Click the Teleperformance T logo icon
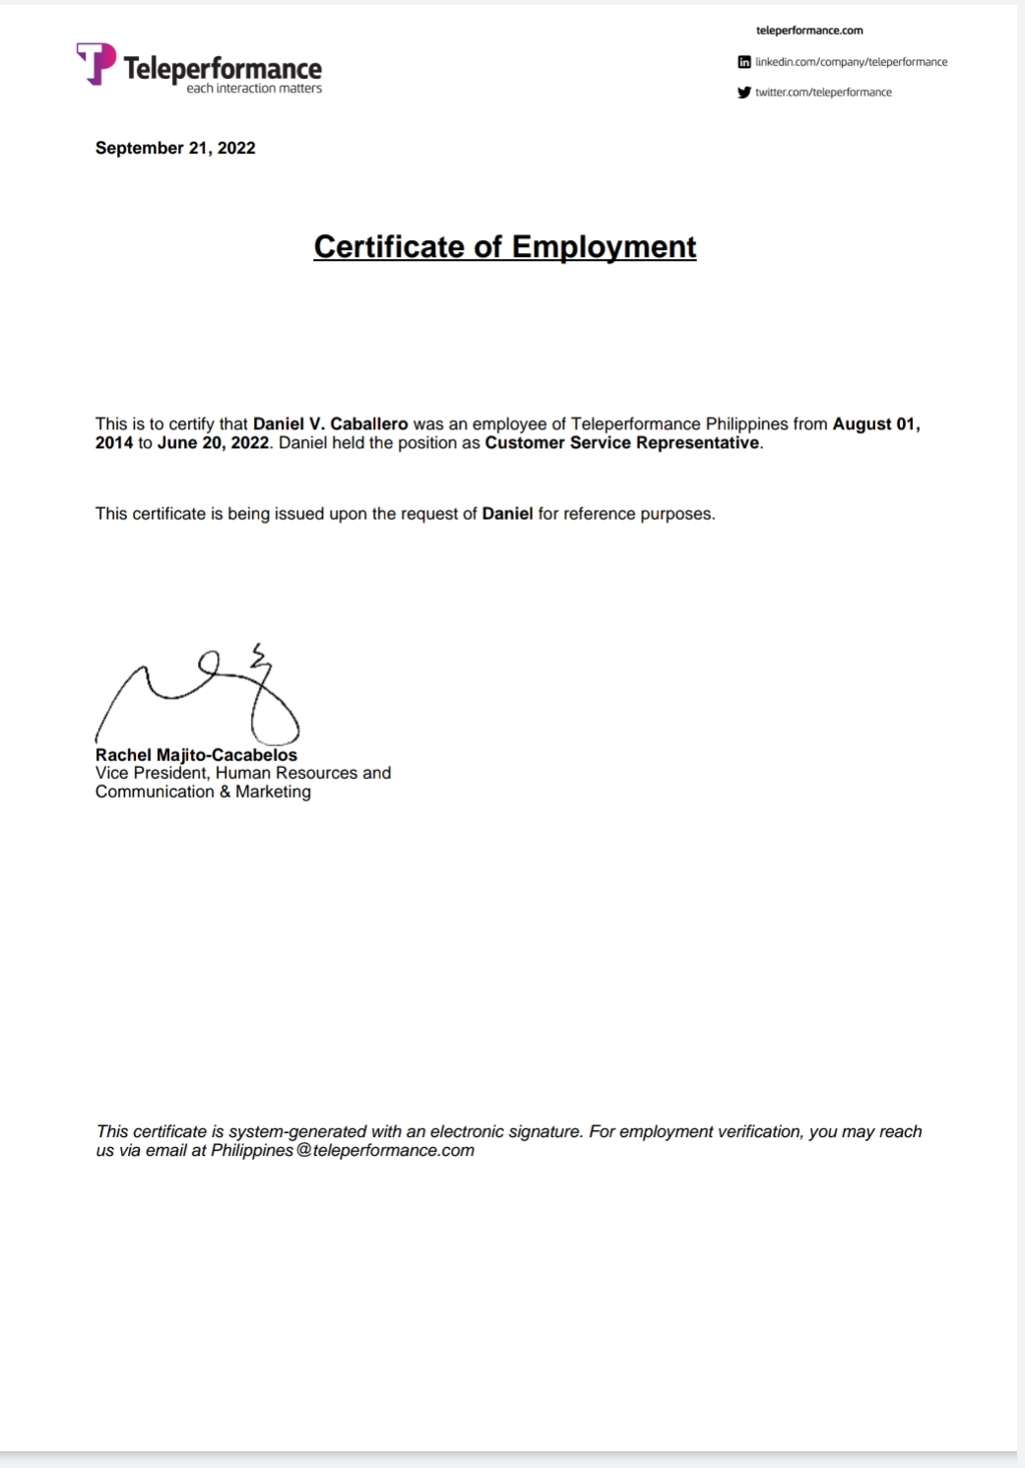coord(96,63)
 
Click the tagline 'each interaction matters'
coord(254,89)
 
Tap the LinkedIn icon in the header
coord(744,62)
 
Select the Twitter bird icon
coord(744,93)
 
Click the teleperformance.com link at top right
coord(809,31)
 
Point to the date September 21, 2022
coord(175,148)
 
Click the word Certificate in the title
coord(388,246)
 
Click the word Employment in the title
coord(604,246)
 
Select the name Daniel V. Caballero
coord(330,424)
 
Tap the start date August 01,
coord(875,424)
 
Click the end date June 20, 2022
coord(213,443)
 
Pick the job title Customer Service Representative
coord(622,443)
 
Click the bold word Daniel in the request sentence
coord(507,514)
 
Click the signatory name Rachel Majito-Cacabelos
coord(196,755)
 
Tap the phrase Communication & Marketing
coord(203,792)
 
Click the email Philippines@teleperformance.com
coord(343,1150)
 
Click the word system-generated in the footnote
coord(297,1132)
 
